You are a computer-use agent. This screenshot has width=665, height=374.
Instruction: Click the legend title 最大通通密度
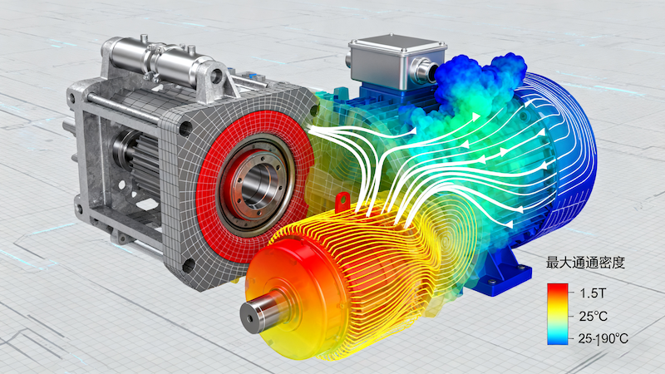[585, 263]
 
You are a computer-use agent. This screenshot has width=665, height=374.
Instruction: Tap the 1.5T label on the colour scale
[593, 293]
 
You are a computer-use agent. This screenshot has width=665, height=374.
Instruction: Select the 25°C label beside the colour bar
[594, 316]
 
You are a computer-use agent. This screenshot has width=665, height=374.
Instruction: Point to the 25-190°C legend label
[603, 338]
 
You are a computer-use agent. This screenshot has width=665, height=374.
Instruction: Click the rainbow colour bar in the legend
[557, 314]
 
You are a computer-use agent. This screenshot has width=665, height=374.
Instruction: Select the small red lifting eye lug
[342, 201]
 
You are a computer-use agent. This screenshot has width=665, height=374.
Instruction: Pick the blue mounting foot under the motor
[503, 273]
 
